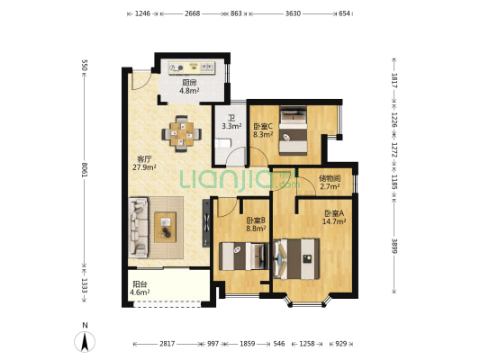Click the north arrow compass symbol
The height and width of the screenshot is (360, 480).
[85, 340]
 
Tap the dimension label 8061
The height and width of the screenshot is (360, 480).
[85, 169]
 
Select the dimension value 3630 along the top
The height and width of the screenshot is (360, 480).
[293, 13]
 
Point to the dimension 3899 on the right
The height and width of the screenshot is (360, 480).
[394, 246]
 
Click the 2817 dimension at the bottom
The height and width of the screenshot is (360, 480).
[168, 344]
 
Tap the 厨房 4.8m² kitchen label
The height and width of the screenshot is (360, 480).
[189, 86]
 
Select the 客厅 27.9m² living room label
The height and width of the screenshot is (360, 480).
[144, 163]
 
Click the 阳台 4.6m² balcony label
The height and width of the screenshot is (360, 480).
[140, 288]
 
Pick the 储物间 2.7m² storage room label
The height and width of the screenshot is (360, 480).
[330, 183]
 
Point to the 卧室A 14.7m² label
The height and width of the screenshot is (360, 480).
[334, 217]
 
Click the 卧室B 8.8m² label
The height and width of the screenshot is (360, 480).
[256, 224]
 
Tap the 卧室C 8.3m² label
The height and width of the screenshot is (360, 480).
[263, 130]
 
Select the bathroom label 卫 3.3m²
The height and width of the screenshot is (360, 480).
[231, 121]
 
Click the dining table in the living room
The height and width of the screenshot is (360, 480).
[182, 134]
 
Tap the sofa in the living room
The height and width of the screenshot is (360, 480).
[139, 227]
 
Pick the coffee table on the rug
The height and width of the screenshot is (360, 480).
[165, 228]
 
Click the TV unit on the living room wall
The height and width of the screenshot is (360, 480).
[206, 223]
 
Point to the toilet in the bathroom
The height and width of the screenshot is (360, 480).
[222, 143]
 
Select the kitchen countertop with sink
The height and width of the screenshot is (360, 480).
[192, 67]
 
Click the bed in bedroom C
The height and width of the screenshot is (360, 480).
[294, 130]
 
